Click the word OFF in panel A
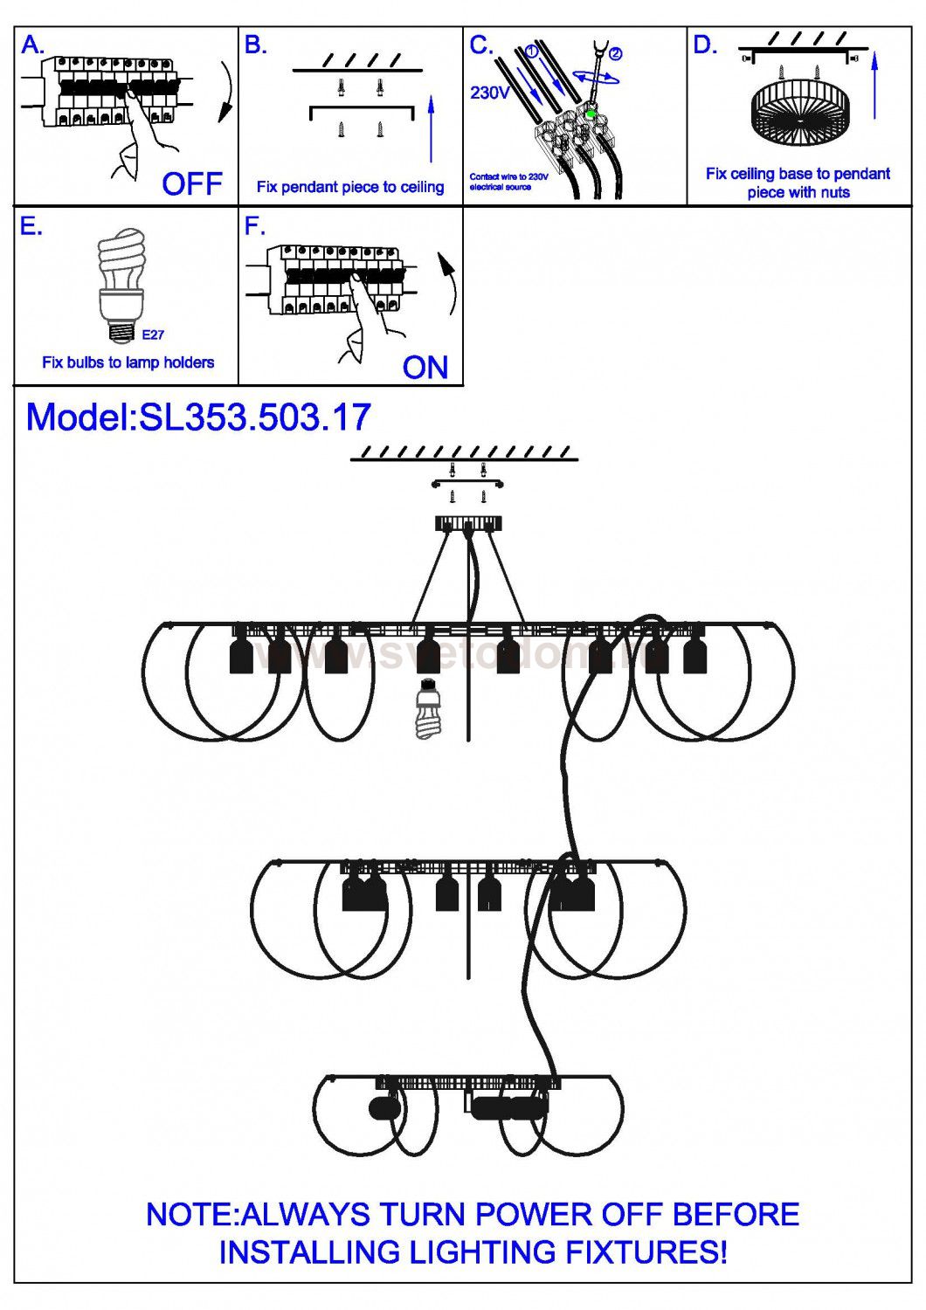tap(192, 184)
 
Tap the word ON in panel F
tap(425, 368)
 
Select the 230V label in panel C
tap(489, 93)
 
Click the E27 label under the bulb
tap(153, 334)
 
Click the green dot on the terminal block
tap(591, 114)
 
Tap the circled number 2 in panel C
tap(616, 53)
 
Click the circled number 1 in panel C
tap(531, 52)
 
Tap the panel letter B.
tap(255, 45)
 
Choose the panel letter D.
tap(704, 45)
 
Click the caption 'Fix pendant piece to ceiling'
tap(350, 187)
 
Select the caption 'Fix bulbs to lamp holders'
tap(128, 362)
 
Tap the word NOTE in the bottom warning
tap(190, 1215)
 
